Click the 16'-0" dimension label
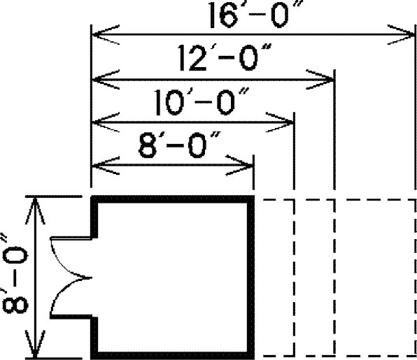(x=255, y=15)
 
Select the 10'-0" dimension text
(x=202, y=102)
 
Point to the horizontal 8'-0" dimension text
(x=179, y=145)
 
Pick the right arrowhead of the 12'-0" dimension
(x=320, y=80)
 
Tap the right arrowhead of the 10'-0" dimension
(x=280, y=122)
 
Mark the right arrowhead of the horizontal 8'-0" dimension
(x=239, y=165)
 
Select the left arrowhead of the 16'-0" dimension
(x=106, y=34)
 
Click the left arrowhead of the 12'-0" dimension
(x=106, y=80)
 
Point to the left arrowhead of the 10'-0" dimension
(x=106, y=122)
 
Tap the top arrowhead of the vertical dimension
(x=35, y=210)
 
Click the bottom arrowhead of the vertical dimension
(x=35, y=344)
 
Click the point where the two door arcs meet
(x=91, y=278)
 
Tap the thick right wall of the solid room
(x=250, y=278)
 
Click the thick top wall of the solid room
(x=173, y=199)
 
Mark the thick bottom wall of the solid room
(x=173, y=356)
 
